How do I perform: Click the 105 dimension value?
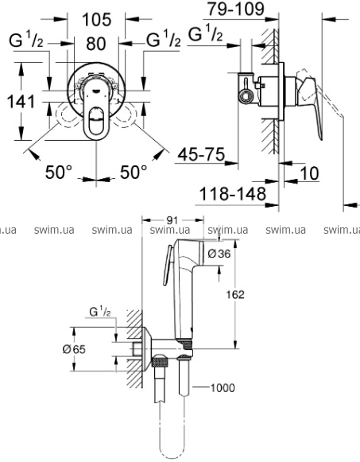click(97, 20)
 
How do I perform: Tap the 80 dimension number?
click(96, 44)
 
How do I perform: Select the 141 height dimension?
click(21, 101)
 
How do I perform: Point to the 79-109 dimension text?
click(235, 9)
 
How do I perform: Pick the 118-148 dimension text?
click(233, 193)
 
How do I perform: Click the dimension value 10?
click(309, 173)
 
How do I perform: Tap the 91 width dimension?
click(172, 220)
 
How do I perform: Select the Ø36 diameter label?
click(219, 254)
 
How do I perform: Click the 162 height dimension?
click(235, 294)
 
